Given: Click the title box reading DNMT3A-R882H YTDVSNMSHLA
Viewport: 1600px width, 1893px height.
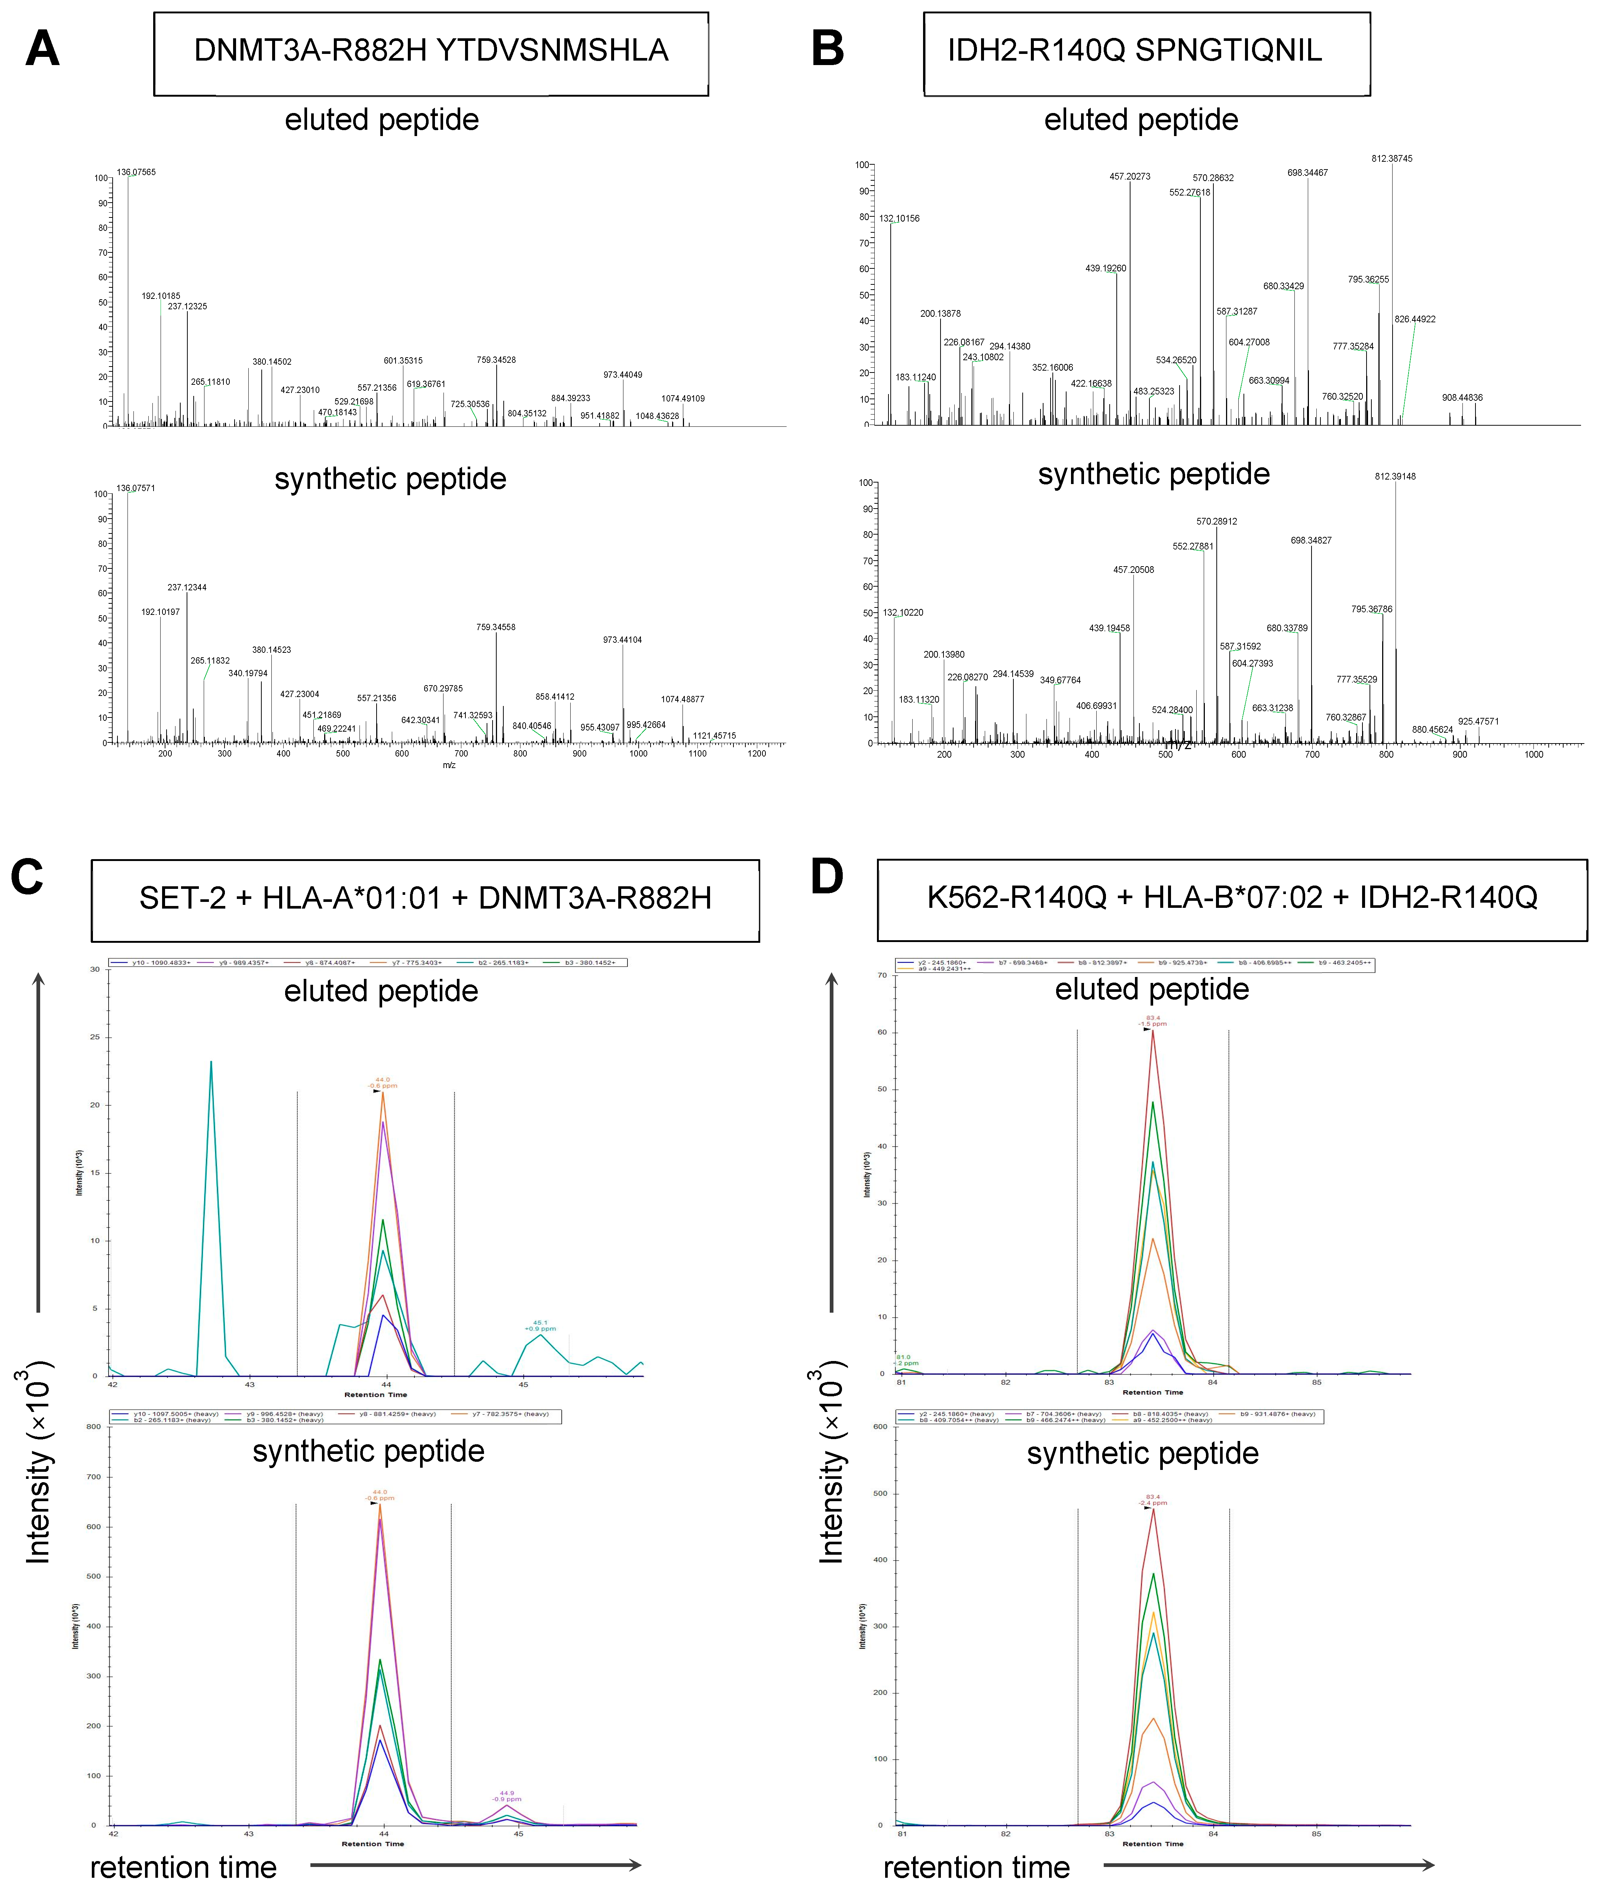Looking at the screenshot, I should (x=431, y=53).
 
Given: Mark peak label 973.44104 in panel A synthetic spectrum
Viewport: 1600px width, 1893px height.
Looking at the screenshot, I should (x=622, y=639).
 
